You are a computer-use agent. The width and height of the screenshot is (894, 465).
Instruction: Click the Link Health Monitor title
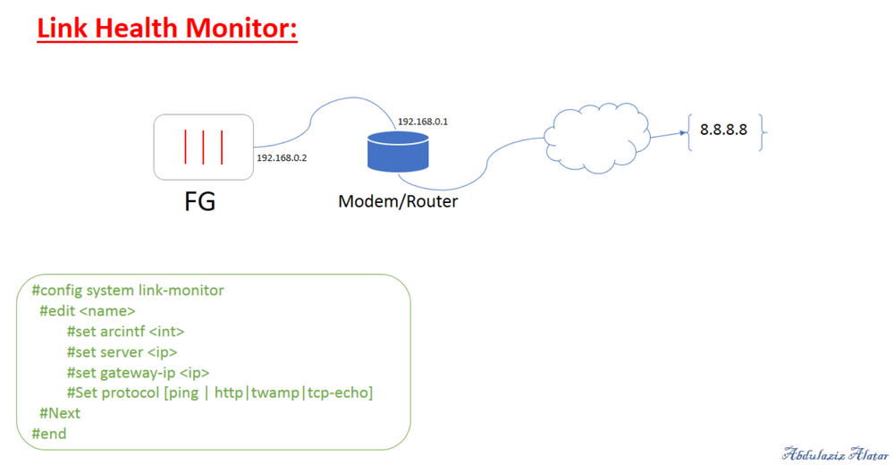point(167,28)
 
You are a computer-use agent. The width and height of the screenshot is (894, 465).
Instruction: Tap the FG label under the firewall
point(199,201)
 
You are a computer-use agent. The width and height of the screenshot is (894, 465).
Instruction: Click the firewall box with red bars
point(202,147)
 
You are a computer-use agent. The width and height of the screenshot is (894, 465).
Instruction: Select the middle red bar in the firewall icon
point(205,148)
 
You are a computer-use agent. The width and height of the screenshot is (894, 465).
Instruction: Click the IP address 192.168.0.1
point(422,121)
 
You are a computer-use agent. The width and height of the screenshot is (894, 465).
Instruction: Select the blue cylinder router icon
point(397,152)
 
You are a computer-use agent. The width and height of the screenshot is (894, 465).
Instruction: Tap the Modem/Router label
point(398,201)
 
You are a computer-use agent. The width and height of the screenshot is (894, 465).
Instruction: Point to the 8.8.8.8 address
point(723,130)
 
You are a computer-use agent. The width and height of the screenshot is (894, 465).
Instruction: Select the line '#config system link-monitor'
point(127,291)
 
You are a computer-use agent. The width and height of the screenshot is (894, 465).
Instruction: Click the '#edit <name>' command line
point(88,311)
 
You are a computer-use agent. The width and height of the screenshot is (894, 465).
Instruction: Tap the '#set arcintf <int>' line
point(125,332)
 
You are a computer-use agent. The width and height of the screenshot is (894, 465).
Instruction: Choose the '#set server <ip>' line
point(122,352)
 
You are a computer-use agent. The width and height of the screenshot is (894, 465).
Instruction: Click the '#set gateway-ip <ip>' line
point(138,373)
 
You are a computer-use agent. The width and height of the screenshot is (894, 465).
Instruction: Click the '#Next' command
point(60,413)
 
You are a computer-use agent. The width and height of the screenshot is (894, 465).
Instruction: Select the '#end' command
point(49,434)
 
